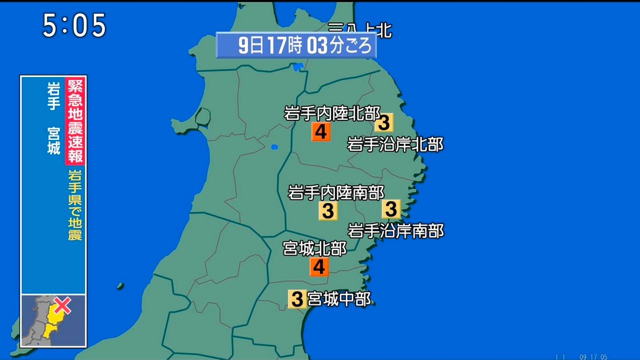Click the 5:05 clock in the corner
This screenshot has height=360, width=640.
pos(74,25)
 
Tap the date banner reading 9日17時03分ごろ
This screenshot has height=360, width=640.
pos(296,45)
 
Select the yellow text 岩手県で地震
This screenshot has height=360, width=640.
pos(75,205)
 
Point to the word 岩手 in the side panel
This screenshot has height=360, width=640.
pos(54,95)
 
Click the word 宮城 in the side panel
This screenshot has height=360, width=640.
pos(54,141)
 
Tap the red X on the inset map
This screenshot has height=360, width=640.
pos(62,305)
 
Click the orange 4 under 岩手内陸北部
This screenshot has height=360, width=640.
pos(320,132)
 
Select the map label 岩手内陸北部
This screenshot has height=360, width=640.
pos(332,113)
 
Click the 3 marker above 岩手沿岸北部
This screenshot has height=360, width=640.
pos(384,122)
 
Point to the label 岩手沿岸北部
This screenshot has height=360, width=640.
pos(395,144)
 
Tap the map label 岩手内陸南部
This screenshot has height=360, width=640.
pos(336,192)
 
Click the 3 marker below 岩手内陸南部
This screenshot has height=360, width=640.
pos(328,211)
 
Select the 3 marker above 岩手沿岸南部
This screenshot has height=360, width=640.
pos(391,208)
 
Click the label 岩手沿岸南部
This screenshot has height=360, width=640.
pos(395,230)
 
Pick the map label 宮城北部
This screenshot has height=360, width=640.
pos(314,248)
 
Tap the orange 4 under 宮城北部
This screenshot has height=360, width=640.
pos(319,267)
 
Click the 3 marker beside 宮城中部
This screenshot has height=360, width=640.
pos(297,299)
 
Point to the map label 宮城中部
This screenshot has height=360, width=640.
pos(339,299)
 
